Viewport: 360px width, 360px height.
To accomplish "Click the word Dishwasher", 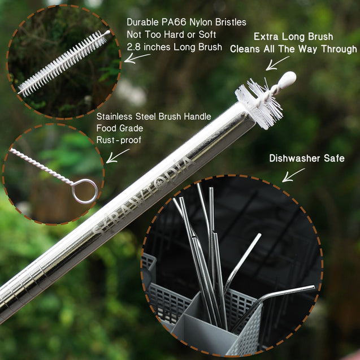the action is pos(294,158).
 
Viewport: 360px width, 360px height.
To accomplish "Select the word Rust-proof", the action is pos(119,140).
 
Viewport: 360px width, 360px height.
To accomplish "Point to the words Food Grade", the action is pos(120,128).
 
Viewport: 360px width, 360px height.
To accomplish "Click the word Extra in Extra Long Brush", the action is pos(266,37).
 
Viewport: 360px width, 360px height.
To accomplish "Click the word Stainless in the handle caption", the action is pos(115,116).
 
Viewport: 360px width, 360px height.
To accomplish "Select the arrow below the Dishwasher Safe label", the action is pos(293,175).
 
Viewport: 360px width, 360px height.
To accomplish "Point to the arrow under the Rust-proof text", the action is pos(117,156).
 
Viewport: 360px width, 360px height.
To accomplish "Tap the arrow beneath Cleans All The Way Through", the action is pos(277,63).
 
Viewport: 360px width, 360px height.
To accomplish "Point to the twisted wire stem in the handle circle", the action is pos(41,166).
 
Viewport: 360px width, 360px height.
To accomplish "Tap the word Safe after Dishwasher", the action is pos(334,158).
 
